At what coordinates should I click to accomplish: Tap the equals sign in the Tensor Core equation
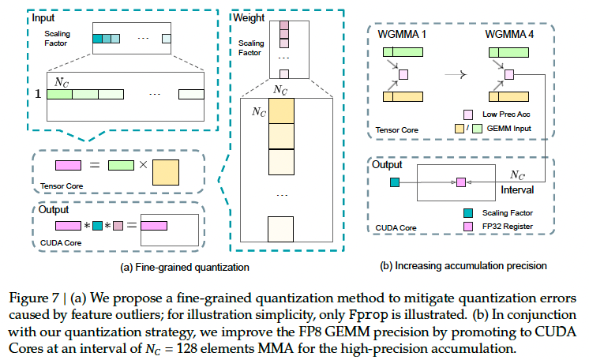click(93, 166)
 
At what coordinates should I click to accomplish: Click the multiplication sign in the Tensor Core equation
click(143, 166)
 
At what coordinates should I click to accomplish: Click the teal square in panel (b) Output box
click(394, 182)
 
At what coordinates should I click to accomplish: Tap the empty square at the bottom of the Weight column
click(280, 228)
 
